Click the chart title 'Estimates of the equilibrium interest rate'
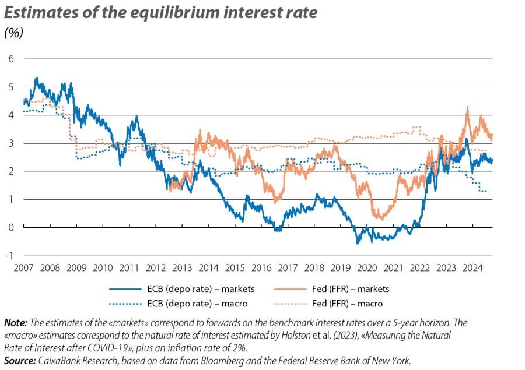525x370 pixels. [x=161, y=13]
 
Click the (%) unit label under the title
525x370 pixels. [x=14, y=33]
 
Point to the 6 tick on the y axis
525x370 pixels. [x=10, y=59]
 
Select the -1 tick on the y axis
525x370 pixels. [x=9, y=256]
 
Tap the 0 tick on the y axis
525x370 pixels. [x=10, y=227]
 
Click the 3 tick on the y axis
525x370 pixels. [x=10, y=143]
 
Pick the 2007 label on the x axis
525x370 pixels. [x=23, y=268]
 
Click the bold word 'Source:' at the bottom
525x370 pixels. [x=19, y=361]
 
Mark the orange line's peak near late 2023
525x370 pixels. [x=467, y=107]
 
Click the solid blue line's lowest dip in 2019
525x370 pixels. [x=357, y=242]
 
